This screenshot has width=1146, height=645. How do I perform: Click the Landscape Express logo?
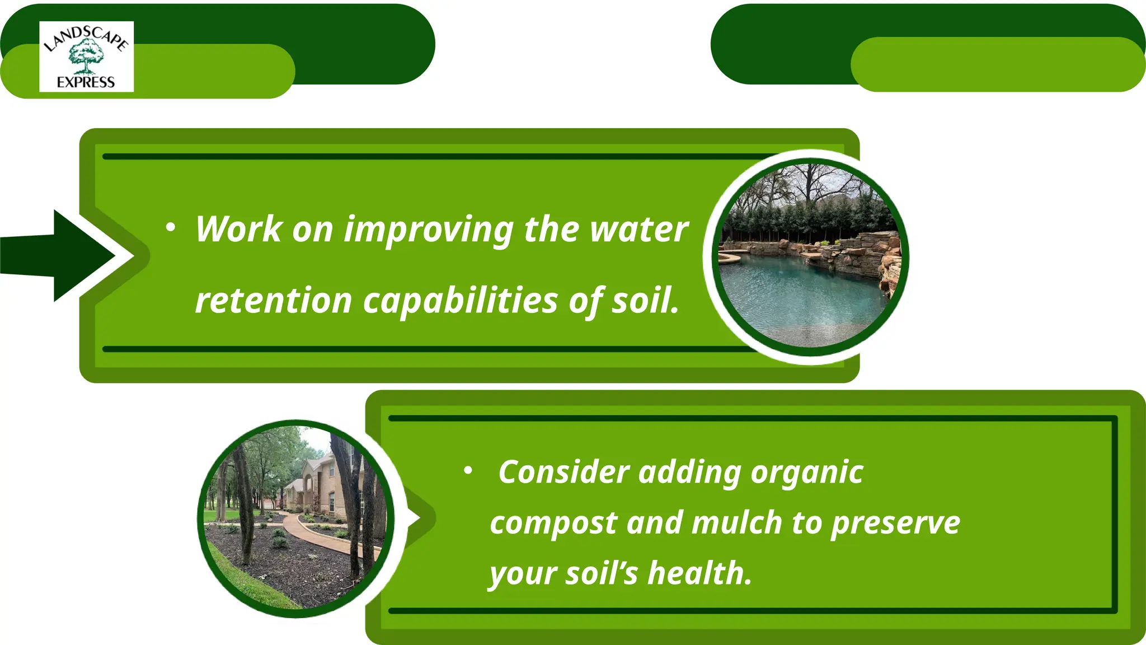point(86,57)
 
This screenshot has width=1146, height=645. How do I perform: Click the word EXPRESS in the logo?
point(86,82)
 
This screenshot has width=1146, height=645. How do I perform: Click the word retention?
point(273,301)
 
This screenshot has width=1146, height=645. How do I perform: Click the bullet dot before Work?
point(171,227)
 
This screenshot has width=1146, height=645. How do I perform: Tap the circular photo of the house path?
point(296,518)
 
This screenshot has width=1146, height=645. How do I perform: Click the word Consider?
point(563,472)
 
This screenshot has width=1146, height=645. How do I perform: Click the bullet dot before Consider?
point(468,471)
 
